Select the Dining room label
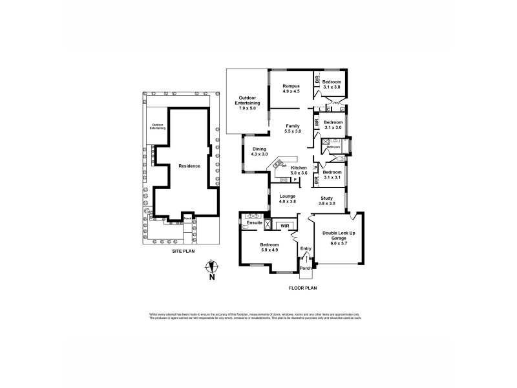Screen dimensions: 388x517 click(x=258, y=148)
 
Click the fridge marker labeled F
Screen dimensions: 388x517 click(x=294, y=179)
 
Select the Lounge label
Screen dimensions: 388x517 click(x=287, y=196)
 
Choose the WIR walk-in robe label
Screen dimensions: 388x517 click(x=283, y=226)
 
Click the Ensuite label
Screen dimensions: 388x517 click(x=255, y=222)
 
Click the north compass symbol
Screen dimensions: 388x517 click(x=212, y=267)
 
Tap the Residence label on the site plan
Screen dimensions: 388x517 click(x=189, y=166)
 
